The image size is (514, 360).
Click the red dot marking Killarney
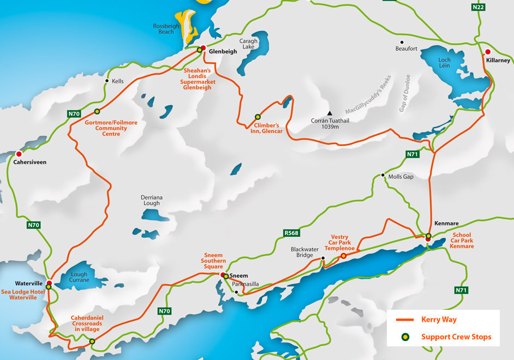488,52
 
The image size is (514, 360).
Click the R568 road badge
291,233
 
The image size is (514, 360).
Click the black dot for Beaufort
402,42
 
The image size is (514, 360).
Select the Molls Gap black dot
383,176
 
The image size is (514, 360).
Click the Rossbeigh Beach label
171,28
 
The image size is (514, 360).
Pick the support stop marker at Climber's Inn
258,117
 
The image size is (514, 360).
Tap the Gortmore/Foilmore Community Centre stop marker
97,111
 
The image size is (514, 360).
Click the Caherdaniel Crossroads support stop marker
92,341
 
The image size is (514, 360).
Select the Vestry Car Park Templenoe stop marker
343,256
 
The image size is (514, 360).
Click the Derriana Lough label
151,200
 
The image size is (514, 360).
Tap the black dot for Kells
106,81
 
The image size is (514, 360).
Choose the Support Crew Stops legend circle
404,337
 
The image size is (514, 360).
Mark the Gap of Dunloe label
402,93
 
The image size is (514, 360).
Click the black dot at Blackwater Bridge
322,258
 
